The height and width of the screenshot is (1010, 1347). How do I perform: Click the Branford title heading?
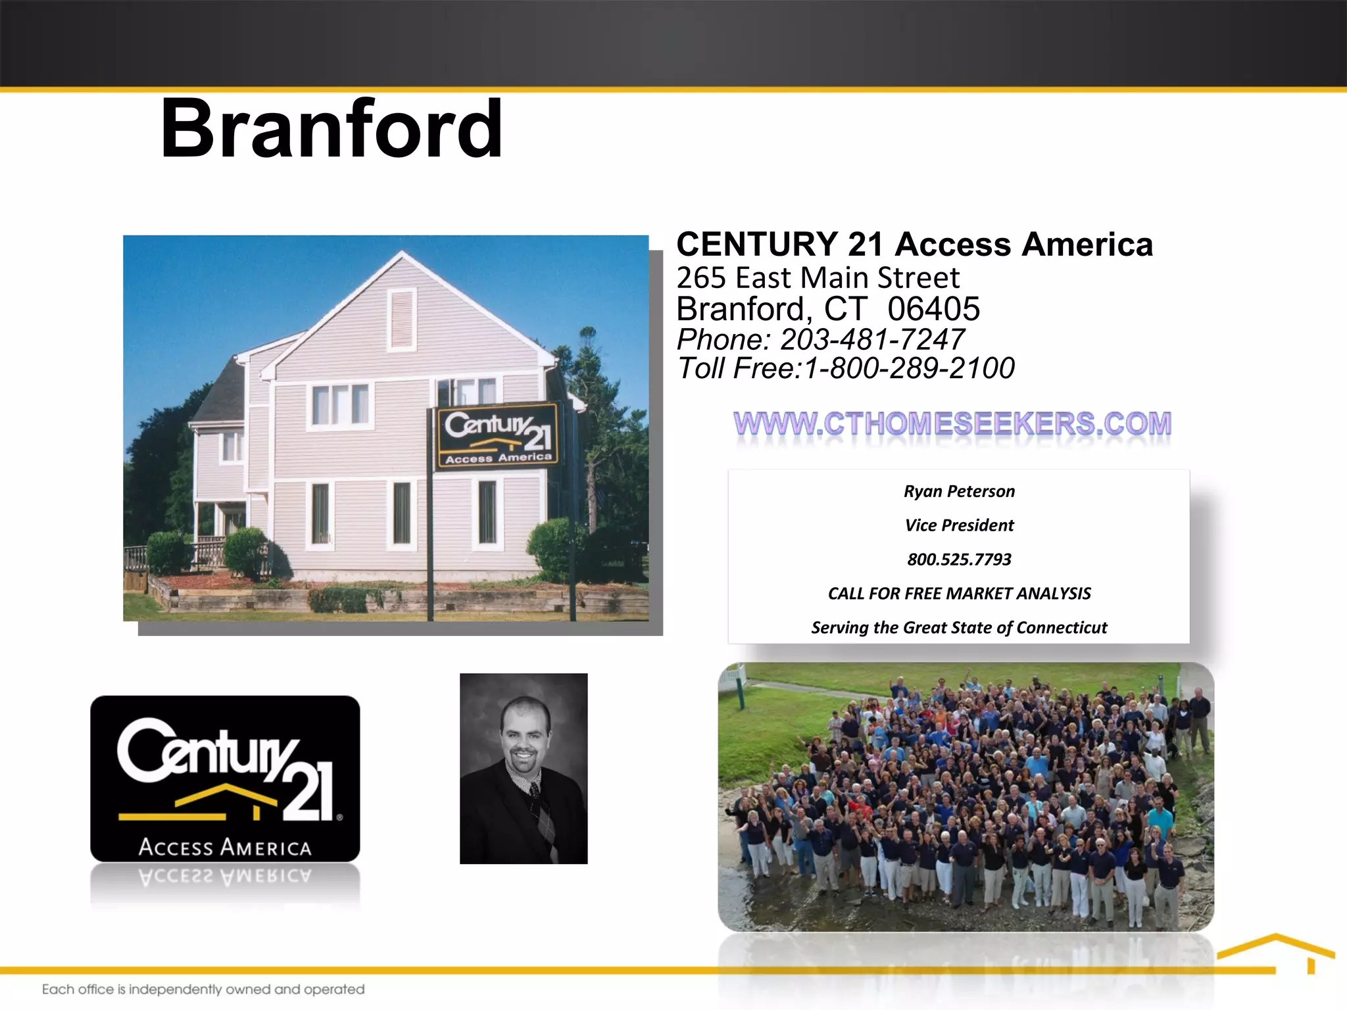coord(331,129)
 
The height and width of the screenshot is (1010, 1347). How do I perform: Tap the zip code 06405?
coord(933,309)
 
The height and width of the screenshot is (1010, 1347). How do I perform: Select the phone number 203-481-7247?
coord(872,339)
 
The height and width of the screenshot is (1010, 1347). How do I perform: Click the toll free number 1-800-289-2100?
coord(909,368)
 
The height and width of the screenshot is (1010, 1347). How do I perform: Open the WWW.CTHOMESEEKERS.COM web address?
coord(952,424)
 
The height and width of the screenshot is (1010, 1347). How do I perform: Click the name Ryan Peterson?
coord(959,492)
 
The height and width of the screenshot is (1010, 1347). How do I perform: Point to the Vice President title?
coord(959,525)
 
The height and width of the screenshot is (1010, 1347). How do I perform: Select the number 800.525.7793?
coord(959,560)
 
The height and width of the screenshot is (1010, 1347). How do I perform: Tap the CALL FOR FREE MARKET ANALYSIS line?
coord(959,594)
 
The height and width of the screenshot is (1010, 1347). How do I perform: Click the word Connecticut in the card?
coord(1062,628)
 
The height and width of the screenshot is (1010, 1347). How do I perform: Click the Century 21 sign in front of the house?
coord(498,435)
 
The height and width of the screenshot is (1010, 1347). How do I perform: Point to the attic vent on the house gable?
coord(402,318)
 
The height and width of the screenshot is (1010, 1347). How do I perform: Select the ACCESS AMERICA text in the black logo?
coord(225,848)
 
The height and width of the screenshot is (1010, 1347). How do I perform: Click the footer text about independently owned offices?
coord(203,990)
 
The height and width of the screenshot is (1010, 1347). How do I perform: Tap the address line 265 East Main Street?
coord(818,278)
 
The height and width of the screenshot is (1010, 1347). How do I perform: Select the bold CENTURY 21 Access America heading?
coord(914,245)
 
